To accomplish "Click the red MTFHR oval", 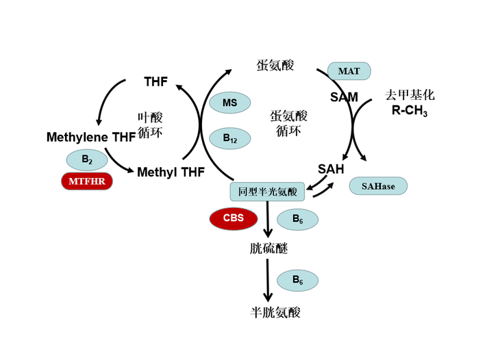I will click(x=86, y=181).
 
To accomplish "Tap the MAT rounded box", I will click(x=349, y=71).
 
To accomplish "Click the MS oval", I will click(x=230, y=103).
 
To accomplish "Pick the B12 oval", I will click(x=230, y=138).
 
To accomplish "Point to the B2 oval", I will click(x=87, y=159).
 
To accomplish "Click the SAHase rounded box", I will click(x=378, y=186).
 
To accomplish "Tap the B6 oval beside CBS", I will click(x=297, y=219).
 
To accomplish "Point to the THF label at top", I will click(x=155, y=82).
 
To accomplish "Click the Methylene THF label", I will click(x=90, y=138).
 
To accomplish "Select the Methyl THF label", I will click(x=171, y=172).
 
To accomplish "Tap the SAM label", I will click(x=344, y=97).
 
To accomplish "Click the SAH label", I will click(x=331, y=168).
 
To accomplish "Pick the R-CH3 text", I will click(x=410, y=112).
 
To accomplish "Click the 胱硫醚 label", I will click(x=268, y=248).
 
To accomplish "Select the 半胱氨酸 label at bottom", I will click(x=275, y=313).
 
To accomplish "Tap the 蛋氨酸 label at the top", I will click(x=275, y=66).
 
